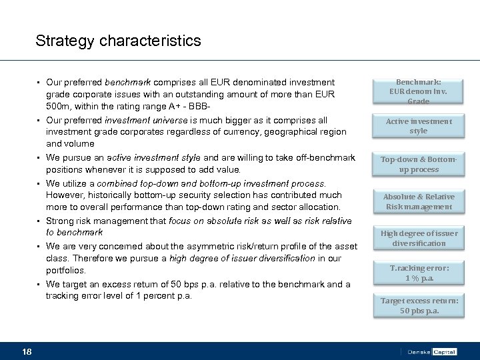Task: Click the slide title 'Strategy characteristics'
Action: click(118, 41)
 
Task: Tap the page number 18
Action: click(27, 351)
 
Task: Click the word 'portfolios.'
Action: click(66, 271)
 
